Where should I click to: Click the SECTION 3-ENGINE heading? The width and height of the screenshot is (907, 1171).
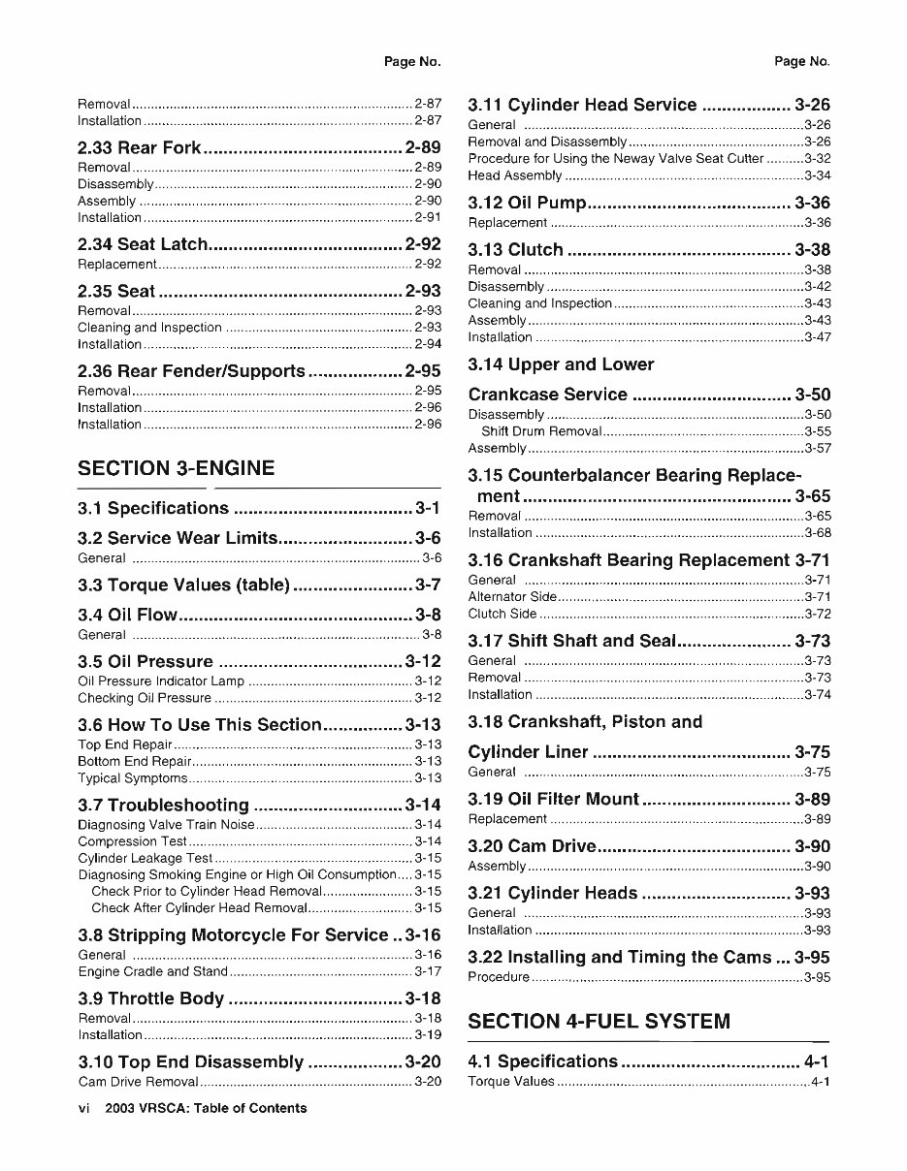[176, 468]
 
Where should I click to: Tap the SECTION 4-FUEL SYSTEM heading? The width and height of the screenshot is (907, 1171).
[599, 1021]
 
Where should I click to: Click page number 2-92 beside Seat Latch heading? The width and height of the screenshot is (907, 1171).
[423, 244]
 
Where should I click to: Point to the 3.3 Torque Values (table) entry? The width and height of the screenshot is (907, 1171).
[183, 585]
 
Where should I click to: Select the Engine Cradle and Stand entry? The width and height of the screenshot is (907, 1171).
[152, 971]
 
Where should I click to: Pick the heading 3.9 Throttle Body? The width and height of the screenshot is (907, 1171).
[150, 998]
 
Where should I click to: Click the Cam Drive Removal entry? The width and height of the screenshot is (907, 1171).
[138, 1081]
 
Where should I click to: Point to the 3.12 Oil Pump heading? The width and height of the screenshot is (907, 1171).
[527, 203]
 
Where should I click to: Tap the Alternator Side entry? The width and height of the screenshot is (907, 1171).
[512, 597]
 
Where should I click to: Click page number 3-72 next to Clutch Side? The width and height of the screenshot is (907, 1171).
[818, 614]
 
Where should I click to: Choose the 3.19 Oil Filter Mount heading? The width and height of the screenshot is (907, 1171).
[553, 799]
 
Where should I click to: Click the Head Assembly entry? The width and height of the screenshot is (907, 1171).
[514, 175]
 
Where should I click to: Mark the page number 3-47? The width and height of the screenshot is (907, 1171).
[818, 337]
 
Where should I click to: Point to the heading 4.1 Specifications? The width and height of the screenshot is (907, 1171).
[542, 1061]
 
